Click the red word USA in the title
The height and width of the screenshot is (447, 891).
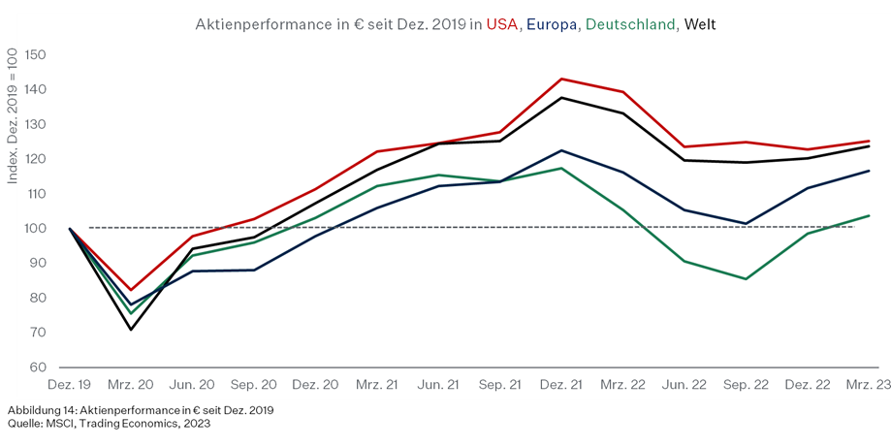(x=502, y=24)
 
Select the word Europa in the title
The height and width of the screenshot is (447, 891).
(x=552, y=24)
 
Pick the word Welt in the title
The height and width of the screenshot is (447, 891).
(x=700, y=24)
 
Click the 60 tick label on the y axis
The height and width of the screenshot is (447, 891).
(x=38, y=367)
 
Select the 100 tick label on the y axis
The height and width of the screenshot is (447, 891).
(x=34, y=228)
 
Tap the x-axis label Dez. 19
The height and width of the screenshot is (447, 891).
(x=69, y=385)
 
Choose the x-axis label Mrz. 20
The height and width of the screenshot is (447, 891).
(x=131, y=385)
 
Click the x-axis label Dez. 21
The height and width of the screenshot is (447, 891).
(x=561, y=385)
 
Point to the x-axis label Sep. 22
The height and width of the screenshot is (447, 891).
(x=746, y=385)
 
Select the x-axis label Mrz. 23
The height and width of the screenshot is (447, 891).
(x=869, y=385)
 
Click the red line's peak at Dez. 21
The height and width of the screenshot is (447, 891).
(x=561, y=79)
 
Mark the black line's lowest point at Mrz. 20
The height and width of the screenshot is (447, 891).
(x=131, y=330)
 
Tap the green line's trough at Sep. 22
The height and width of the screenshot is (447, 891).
(x=746, y=279)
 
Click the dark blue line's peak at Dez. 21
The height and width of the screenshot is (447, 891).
(x=561, y=150)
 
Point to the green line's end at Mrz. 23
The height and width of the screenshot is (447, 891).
(x=869, y=215)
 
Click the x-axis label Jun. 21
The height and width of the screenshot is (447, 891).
(x=438, y=385)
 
